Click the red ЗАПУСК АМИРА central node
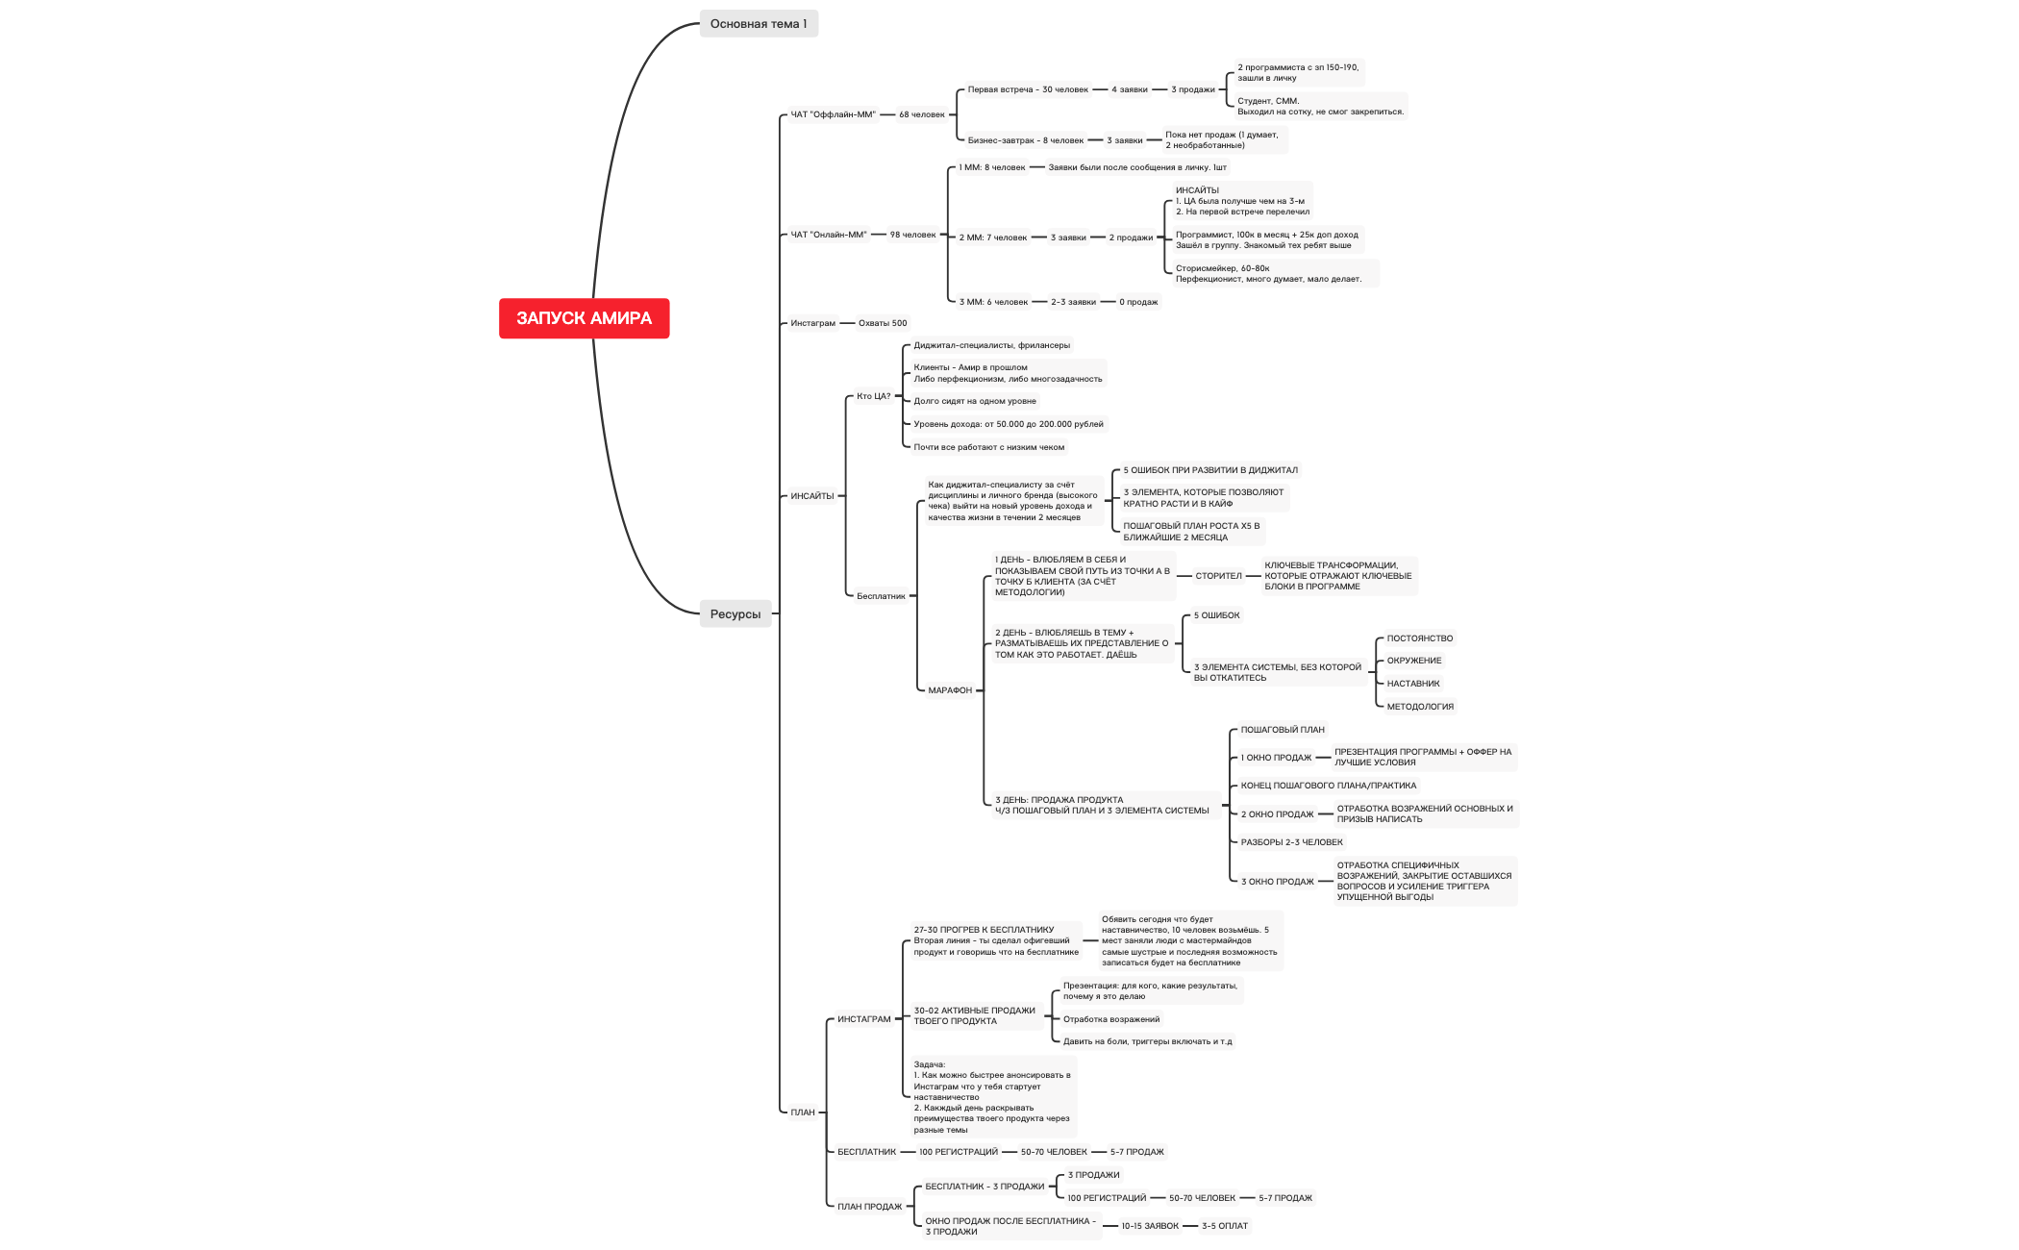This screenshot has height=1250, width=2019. click(584, 318)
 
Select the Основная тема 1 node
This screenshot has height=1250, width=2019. click(758, 24)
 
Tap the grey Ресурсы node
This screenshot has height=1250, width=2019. click(735, 614)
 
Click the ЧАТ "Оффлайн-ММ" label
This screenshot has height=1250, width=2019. click(833, 114)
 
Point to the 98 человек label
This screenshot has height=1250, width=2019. click(912, 235)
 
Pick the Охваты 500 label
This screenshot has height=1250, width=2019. click(882, 323)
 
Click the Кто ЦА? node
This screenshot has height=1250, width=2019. click(873, 396)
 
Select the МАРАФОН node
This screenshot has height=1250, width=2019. click(950, 690)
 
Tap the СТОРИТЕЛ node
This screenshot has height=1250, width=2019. click(1218, 576)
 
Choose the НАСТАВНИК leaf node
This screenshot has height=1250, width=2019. click(1412, 684)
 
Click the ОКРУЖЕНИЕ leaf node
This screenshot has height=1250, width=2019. click(1413, 661)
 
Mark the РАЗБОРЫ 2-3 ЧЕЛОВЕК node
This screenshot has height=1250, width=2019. click(1291, 842)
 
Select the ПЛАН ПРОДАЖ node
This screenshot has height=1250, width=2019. click(869, 1207)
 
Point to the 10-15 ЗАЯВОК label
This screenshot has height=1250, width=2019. click(1149, 1226)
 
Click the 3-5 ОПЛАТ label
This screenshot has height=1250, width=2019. click(1224, 1226)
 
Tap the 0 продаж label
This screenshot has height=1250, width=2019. click(1138, 302)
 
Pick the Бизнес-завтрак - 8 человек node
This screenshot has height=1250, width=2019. click(1025, 140)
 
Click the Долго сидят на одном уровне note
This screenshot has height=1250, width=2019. click(974, 401)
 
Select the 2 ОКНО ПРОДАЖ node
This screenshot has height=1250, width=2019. click(1277, 814)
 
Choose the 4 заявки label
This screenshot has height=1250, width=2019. click(1129, 89)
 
